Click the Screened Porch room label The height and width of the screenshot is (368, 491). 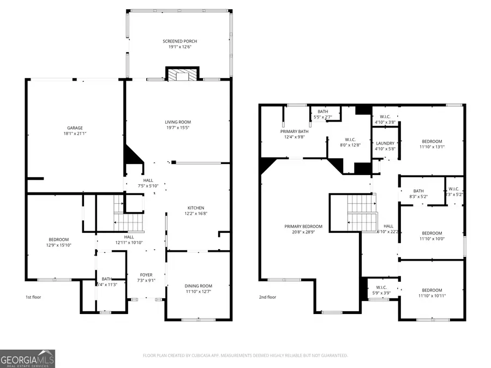(x=179, y=41)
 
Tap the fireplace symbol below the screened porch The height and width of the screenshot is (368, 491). (x=183, y=74)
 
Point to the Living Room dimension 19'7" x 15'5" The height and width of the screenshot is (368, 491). (x=178, y=128)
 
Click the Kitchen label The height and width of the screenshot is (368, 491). (x=196, y=208)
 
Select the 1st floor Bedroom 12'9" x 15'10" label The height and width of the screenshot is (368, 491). (x=58, y=239)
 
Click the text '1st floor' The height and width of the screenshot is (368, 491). (x=33, y=297)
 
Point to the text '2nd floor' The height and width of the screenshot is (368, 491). (x=267, y=297)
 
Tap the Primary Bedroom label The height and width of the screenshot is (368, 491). (x=303, y=226)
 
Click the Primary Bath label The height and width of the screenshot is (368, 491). (x=295, y=131)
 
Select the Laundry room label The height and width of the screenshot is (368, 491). (x=385, y=143)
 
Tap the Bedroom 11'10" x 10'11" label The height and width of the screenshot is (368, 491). (x=432, y=290)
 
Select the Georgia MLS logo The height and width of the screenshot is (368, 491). (x=27, y=359)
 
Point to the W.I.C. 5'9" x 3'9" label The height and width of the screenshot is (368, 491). (x=381, y=287)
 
